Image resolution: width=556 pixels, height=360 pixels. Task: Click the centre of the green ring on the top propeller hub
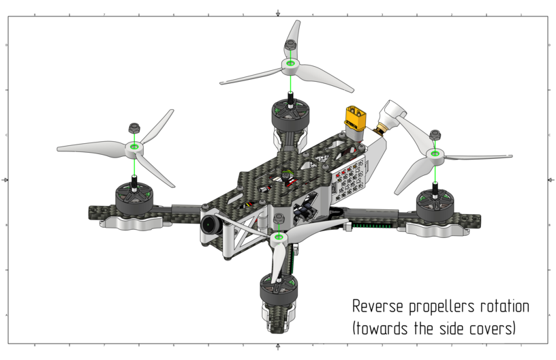pos(291,64)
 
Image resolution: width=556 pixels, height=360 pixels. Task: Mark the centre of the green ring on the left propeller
pos(134,146)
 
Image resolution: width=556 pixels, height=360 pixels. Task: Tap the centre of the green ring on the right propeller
pos(435,153)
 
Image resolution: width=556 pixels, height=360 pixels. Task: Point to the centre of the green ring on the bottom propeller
pos(279,237)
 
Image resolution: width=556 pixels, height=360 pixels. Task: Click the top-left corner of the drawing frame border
pos(8,16)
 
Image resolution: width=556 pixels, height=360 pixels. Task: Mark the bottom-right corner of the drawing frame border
pos(548,344)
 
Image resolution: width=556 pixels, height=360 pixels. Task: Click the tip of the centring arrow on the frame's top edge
pos(278,16)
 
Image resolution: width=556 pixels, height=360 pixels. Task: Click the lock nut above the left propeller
pos(134,127)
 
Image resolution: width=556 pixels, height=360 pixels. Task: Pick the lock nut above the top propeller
pos(290,45)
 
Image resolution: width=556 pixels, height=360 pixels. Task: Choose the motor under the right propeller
pos(435,205)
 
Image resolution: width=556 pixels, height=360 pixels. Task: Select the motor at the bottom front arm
pos(279,287)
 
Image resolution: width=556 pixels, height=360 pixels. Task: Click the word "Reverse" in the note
pos(377,306)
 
